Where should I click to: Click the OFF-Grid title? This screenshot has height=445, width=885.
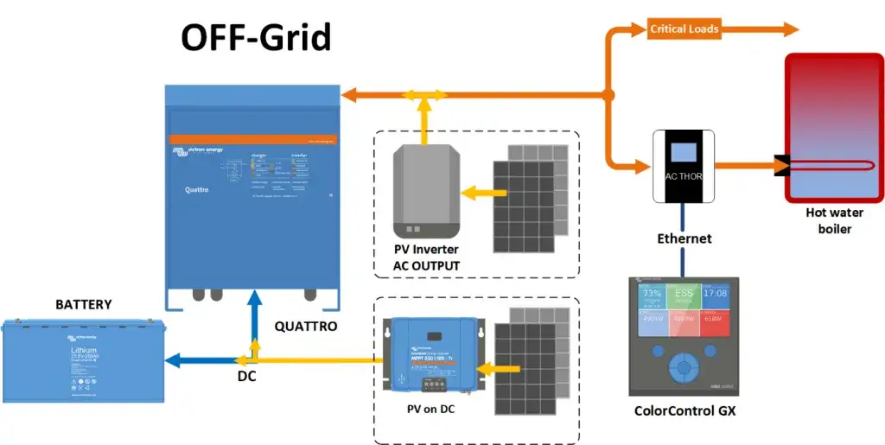tap(255, 37)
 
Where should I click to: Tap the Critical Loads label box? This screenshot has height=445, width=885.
tap(684, 29)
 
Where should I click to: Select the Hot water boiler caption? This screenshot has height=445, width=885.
tap(828, 220)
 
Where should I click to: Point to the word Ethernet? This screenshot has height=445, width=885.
tap(684, 238)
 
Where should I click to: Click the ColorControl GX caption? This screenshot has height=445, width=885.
tap(683, 410)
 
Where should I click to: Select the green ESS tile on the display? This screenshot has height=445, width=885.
tap(684, 296)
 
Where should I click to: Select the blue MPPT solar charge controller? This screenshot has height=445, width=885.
tap(429, 354)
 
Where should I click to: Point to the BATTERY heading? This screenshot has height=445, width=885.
tap(84, 305)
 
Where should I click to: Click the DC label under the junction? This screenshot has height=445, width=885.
tap(247, 377)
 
